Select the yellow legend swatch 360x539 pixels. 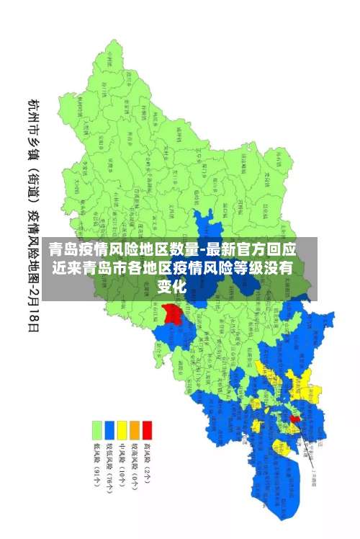[x=122, y=430]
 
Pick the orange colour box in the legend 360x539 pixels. [x=135, y=430]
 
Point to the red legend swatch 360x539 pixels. [x=147, y=430]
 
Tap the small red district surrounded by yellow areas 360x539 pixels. [x=294, y=418]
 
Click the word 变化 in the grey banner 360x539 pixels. [x=172, y=286]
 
